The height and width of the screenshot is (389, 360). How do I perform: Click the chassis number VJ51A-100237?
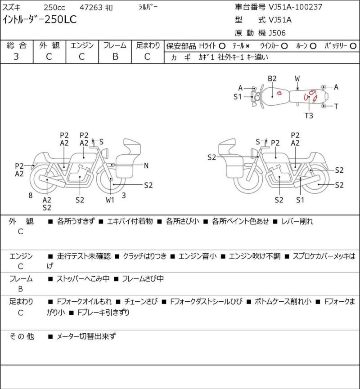(296, 7)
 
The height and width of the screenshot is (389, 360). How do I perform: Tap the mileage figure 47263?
(91, 8)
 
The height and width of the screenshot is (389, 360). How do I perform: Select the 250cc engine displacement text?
(54, 8)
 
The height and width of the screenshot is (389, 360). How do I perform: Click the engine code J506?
(277, 33)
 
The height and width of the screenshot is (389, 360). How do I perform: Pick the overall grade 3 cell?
(16, 57)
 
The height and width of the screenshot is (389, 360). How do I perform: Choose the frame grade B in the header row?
(115, 57)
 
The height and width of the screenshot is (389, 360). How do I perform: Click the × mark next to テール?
(247, 46)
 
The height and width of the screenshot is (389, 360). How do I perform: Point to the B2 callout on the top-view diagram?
(272, 79)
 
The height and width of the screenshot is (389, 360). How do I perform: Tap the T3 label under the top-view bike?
(309, 116)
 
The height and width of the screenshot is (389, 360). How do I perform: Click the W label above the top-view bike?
(297, 79)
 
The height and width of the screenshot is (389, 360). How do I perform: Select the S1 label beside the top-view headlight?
(238, 97)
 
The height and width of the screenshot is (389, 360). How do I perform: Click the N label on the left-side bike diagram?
(146, 165)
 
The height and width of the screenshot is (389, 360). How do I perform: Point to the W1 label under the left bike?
(110, 200)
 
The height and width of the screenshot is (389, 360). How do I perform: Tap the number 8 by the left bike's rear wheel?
(31, 196)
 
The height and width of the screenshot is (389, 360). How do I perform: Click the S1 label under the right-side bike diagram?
(300, 200)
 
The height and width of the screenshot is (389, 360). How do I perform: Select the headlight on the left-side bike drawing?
(105, 153)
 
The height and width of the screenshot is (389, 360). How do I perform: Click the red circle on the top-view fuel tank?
(279, 93)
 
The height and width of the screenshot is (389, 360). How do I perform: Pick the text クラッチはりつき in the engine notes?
(145, 256)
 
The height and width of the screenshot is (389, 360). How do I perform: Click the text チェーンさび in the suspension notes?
(141, 302)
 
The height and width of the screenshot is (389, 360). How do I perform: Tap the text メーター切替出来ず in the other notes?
(86, 336)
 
